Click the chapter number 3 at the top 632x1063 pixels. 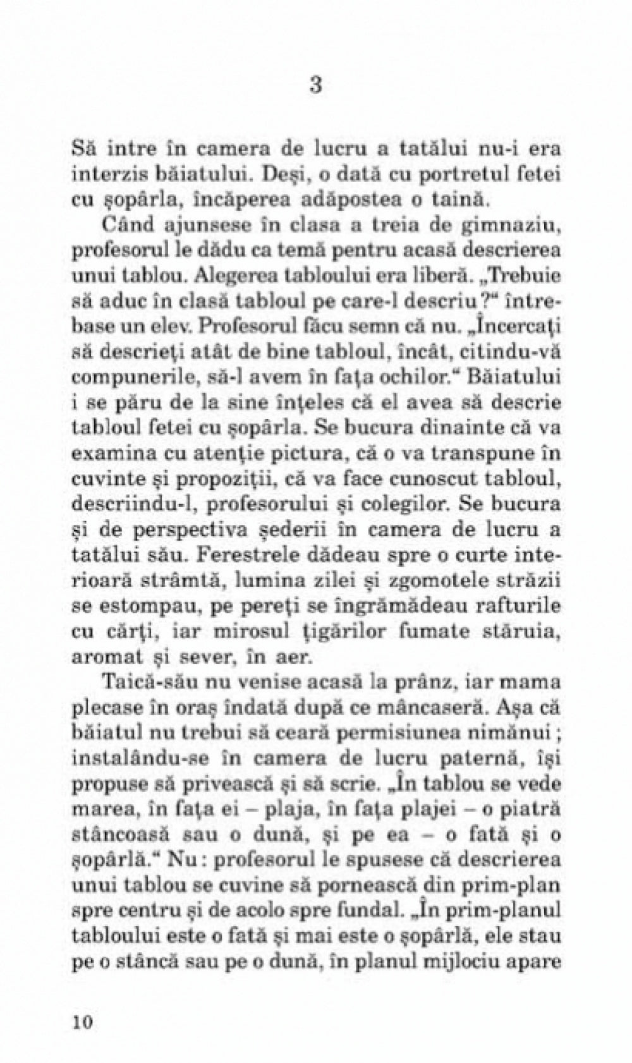(316, 85)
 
